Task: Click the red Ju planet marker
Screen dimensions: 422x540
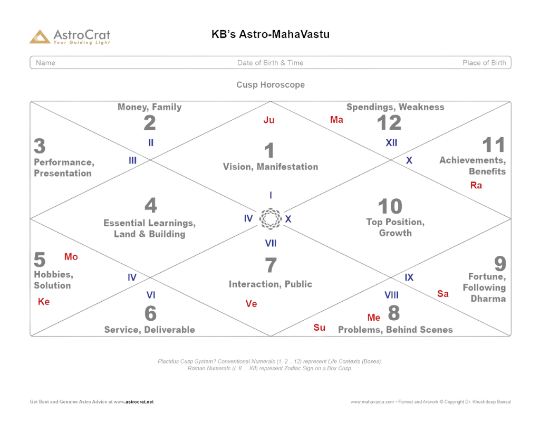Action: [269, 120]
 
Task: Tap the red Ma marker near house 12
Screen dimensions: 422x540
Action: [336, 120]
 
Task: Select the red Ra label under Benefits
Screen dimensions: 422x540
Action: [476, 185]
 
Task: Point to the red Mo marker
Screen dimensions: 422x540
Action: [71, 257]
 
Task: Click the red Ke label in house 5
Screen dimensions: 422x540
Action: [43, 302]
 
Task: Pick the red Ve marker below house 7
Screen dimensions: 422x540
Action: [251, 303]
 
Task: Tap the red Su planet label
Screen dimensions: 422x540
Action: [320, 328]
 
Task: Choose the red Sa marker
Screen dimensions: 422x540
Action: [443, 294]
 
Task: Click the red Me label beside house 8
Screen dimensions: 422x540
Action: [374, 317]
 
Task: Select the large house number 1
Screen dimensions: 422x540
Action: [269, 151]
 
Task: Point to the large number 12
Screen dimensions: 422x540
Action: [390, 122]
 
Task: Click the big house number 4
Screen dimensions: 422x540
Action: [150, 205]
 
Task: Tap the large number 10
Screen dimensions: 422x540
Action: [390, 206]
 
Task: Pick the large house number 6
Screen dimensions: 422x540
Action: [150, 313]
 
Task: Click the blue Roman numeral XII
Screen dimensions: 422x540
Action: [391, 142]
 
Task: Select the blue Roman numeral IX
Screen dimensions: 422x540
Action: [409, 277]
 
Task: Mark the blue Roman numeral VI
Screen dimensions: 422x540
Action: [150, 294]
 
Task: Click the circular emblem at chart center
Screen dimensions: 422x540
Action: [269, 218]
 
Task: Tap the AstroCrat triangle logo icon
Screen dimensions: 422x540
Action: [40, 36]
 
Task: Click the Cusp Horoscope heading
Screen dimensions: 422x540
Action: [270, 84]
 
